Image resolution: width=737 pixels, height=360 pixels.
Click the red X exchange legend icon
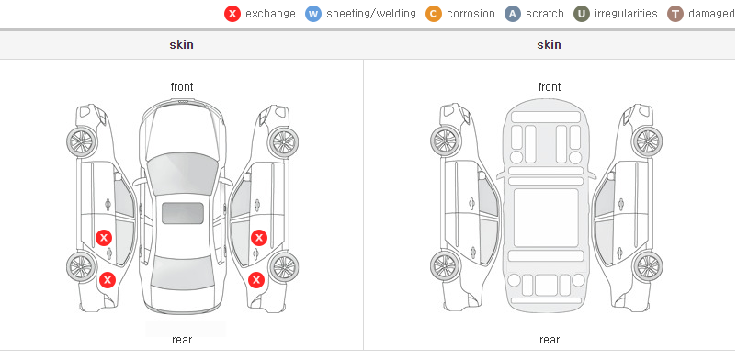click(x=232, y=14)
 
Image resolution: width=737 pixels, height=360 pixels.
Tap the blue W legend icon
click(x=313, y=14)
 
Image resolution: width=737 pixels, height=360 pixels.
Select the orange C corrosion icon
click(x=434, y=14)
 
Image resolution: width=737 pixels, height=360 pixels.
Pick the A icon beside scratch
click(x=513, y=14)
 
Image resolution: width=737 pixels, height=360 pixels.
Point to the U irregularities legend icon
click(x=582, y=14)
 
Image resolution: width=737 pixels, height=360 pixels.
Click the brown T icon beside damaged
click(x=675, y=14)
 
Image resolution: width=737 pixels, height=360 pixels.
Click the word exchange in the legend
click(x=270, y=14)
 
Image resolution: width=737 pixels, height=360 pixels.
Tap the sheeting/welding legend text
click(x=371, y=14)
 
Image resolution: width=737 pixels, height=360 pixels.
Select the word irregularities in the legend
click(x=626, y=14)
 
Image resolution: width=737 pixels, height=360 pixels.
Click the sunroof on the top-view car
click(x=183, y=213)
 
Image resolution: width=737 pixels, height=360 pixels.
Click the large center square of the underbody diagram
click(x=546, y=218)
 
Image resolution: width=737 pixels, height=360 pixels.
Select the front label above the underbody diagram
click(x=550, y=87)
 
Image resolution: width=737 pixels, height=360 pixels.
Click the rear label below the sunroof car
click(x=182, y=340)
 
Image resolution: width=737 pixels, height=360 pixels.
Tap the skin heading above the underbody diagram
click(x=549, y=45)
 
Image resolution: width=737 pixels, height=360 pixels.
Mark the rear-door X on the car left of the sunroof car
click(x=104, y=238)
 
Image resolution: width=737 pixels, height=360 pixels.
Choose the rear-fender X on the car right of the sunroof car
click(x=256, y=281)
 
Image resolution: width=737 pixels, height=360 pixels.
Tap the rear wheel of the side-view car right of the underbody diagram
click(x=647, y=266)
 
